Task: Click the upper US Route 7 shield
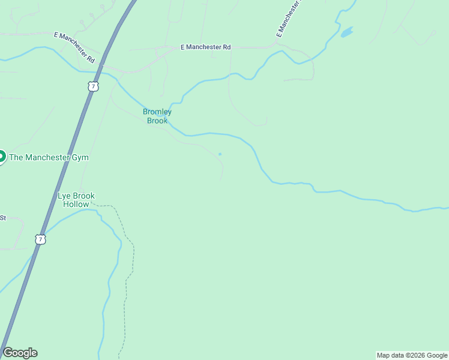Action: click(x=92, y=86)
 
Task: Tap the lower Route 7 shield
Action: click(x=40, y=239)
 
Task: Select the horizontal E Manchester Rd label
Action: click(x=206, y=47)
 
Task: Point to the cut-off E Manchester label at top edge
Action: click(x=288, y=19)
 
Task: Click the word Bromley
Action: click(x=157, y=112)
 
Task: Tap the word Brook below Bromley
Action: click(x=157, y=121)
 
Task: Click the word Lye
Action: click(x=65, y=196)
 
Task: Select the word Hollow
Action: click(x=76, y=204)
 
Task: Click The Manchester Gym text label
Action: click(x=49, y=157)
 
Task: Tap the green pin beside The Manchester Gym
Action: click(x=1, y=157)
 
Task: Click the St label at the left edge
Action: click(x=2, y=218)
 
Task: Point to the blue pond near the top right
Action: click(x=346, y=32)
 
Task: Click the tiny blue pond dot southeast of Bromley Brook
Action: click(x=220, y=154)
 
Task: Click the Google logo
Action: click(x=20, y=353)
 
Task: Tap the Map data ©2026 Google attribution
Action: click(x=412, y=355)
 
